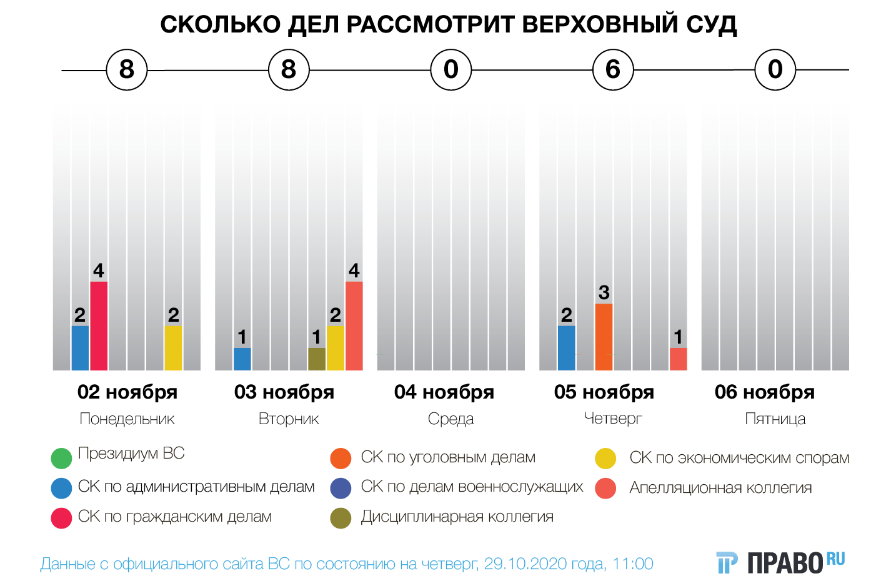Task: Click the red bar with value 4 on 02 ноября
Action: click(x=99, y=325)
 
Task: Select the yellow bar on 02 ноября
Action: click(x=173, y=348)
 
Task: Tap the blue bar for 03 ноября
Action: click(x=242, y=359)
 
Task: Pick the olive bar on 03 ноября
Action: click(x=317, y=359)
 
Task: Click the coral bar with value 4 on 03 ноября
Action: click(x=354, y=325)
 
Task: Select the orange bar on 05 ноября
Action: click(x=604, y=337)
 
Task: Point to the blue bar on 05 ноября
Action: click(x=567, y=348)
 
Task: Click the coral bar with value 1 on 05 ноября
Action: click(x=678, y=359)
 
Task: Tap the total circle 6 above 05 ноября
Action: click(x=613, y=69)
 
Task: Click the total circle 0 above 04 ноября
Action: click(x=450, y=69)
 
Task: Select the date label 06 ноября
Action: click(x=765, y=392)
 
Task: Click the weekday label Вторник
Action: click(x=289, y=419)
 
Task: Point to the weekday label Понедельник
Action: click(x=127, y=419)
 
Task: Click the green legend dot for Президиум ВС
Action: click(x=61, y=458)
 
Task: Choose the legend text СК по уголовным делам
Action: click(x=448, y=457)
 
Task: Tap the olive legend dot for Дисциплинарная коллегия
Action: click(x=341, y=518)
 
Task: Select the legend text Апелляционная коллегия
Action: click(x=720, y=488)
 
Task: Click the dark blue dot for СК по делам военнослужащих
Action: click(x=341, y=488)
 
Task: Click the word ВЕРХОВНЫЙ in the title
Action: click(x=590, y=24)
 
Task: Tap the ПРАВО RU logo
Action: click(x=781, y=562)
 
